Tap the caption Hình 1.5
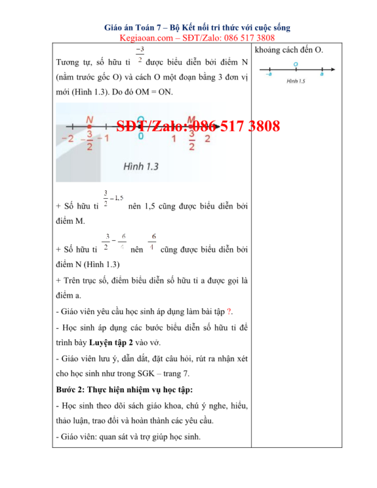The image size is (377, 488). click(295, 81)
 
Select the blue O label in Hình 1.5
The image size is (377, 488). click(295, 63)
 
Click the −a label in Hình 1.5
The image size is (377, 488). click(269, 74)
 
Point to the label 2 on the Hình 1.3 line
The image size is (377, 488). click(207, 138)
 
